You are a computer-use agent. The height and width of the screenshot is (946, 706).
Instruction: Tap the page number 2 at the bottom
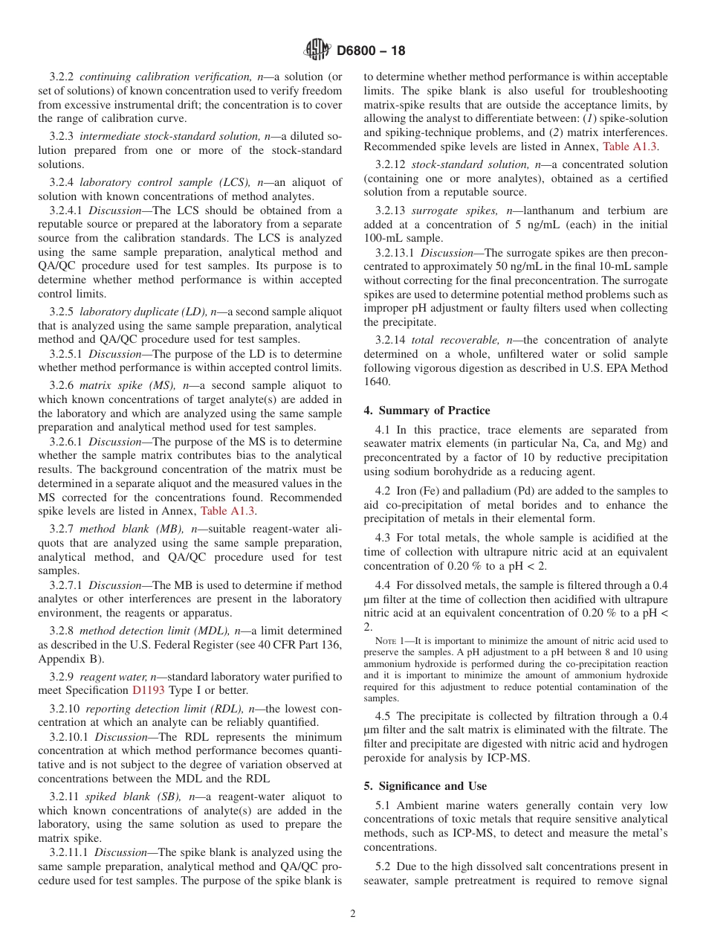[x=353, y=914]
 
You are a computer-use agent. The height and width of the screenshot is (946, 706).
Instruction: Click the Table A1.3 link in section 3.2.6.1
[x=228, y=511]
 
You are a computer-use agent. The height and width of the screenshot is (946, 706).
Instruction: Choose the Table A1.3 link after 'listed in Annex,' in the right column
[x=630, y=147]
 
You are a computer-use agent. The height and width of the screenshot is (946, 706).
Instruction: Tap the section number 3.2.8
[x=63, y=631]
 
